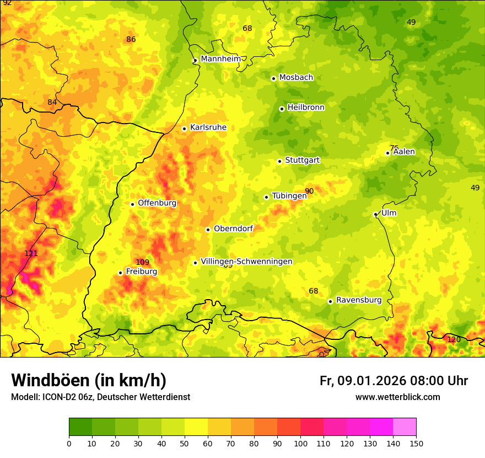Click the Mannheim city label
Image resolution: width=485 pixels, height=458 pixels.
(220, 59)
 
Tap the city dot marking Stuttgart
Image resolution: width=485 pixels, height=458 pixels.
(279, 161)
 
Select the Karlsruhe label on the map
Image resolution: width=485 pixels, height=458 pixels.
(208, 127)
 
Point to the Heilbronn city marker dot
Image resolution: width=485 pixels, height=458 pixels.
(282, 109)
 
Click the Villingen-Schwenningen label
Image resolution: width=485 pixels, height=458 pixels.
(246, 262)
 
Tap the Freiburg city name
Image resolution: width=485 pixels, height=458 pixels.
(141, 271)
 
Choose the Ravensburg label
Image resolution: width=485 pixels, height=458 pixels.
(358, 300)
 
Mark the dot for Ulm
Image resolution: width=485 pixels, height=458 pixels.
(375, 214)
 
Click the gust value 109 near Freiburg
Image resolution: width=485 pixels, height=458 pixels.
(142, 262)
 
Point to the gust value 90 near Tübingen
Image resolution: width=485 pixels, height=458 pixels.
(309, 191)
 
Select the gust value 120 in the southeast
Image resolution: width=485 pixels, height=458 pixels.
(453, 339)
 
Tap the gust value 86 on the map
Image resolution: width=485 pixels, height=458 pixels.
(131, 39)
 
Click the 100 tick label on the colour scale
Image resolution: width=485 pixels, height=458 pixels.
(300, 443)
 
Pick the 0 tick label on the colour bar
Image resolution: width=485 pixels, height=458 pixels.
(69, 443)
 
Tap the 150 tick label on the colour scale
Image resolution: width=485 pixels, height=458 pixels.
(416, 443)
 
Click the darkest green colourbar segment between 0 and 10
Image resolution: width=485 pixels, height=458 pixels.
(80, 427)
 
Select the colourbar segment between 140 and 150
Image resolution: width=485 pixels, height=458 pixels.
(405, 427)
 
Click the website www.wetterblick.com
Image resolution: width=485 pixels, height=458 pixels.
(397, 397)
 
